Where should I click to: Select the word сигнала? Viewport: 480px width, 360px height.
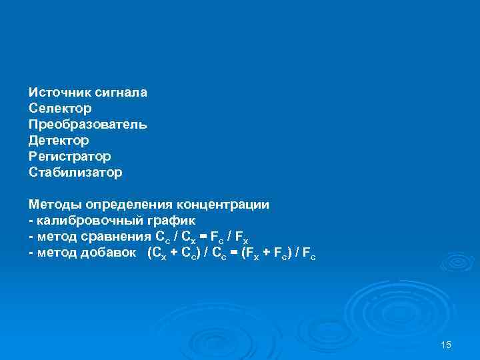coord(121,92)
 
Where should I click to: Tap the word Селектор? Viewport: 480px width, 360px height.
coord(60,108)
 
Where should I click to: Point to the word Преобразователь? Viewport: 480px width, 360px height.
coord(87,124)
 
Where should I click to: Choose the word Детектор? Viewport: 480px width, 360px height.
coord(59,140)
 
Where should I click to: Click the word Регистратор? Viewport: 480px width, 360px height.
coord(69,156)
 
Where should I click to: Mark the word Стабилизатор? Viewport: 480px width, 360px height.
coord(75,172)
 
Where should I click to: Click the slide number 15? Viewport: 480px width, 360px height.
coord(446,344)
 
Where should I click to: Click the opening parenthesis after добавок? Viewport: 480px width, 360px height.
coord(149,252)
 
